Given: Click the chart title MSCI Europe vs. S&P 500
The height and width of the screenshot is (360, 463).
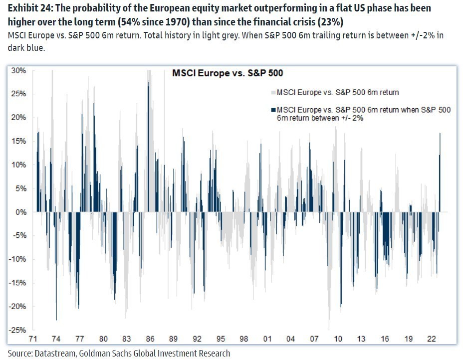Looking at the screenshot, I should [x=227, y=73].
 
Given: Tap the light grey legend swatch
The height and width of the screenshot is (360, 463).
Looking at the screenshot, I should [x=272, y=92].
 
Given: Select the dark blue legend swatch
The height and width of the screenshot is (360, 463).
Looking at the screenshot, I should [x=272, y=110].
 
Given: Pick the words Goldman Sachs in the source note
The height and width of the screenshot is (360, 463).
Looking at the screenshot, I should [x=107, y=353].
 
